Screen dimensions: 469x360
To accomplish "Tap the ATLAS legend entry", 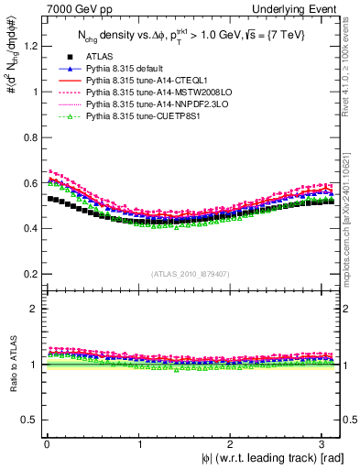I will point(99,57).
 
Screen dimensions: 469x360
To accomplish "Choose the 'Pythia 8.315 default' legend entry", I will point(123,69).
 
